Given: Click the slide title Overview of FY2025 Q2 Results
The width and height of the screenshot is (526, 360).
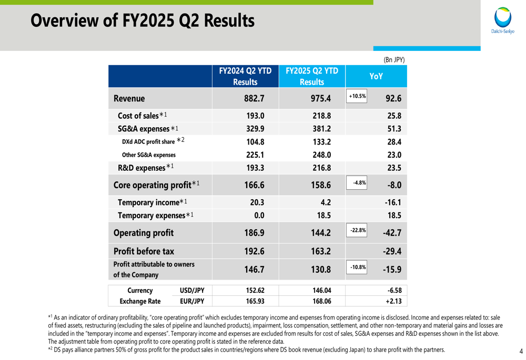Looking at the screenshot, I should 143,21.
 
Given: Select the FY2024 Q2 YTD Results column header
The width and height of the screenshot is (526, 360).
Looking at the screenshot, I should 245,76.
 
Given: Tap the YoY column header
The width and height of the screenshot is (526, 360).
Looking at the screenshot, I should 376,76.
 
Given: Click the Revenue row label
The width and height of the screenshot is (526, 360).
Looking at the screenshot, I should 129,98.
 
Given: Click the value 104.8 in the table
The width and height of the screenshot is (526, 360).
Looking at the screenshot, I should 255,142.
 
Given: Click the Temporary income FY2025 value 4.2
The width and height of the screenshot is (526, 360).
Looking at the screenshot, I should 325,202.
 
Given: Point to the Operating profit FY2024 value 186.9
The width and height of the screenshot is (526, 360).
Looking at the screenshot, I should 255,232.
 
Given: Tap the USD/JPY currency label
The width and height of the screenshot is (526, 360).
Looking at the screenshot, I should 192,291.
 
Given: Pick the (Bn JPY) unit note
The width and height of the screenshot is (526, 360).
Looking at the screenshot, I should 394,59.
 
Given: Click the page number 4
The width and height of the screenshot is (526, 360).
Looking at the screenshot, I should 521,351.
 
